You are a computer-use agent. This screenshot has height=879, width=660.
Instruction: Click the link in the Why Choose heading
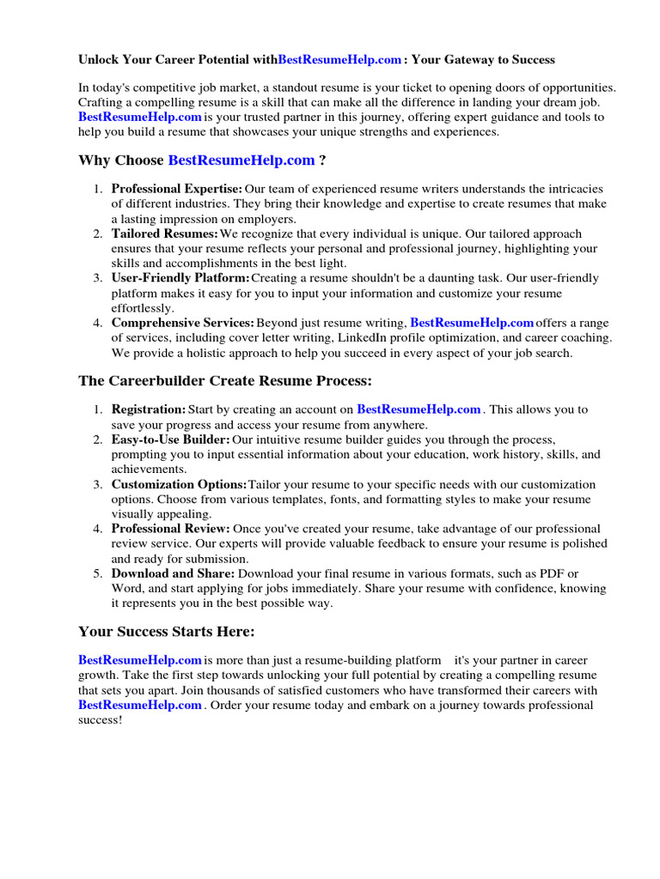click(241, 161)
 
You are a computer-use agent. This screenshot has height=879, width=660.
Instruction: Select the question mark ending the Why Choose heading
click(322, 161)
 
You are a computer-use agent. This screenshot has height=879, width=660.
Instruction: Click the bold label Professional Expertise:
click(177, 189)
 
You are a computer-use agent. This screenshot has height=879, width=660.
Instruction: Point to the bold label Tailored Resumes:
click(164, 233)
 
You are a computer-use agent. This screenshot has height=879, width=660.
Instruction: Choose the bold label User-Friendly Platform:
click(180, 278)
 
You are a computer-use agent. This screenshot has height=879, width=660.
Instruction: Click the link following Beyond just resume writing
click(472, 323)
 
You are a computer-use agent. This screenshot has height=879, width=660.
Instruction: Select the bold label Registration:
click(148, 409)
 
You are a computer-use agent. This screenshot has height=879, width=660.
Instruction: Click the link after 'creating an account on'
click(419, 409)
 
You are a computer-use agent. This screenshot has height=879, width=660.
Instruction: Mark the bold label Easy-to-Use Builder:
click(170, 439)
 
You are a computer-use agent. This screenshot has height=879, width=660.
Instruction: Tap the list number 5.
click(98, 573)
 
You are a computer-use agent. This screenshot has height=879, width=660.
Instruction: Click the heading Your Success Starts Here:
click(167, 632)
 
